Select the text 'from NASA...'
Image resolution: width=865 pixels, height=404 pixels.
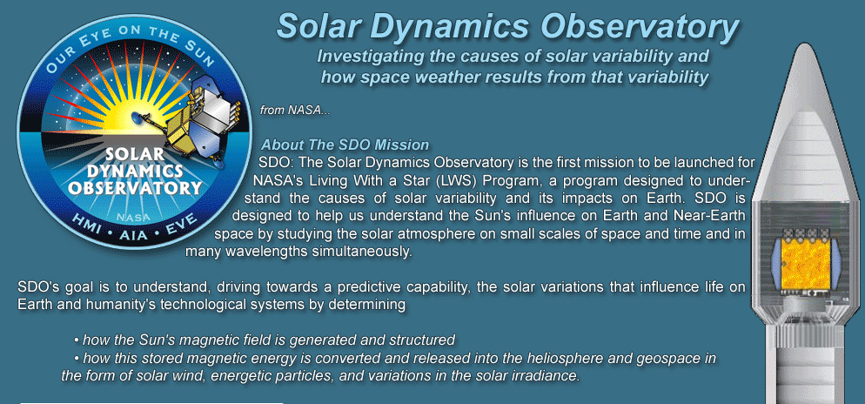coord(295,111)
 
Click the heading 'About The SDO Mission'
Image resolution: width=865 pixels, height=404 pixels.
coord(345,145)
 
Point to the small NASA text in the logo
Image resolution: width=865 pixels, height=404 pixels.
coord(128,218)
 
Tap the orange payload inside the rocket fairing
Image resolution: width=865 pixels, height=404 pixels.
coord(807,264)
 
